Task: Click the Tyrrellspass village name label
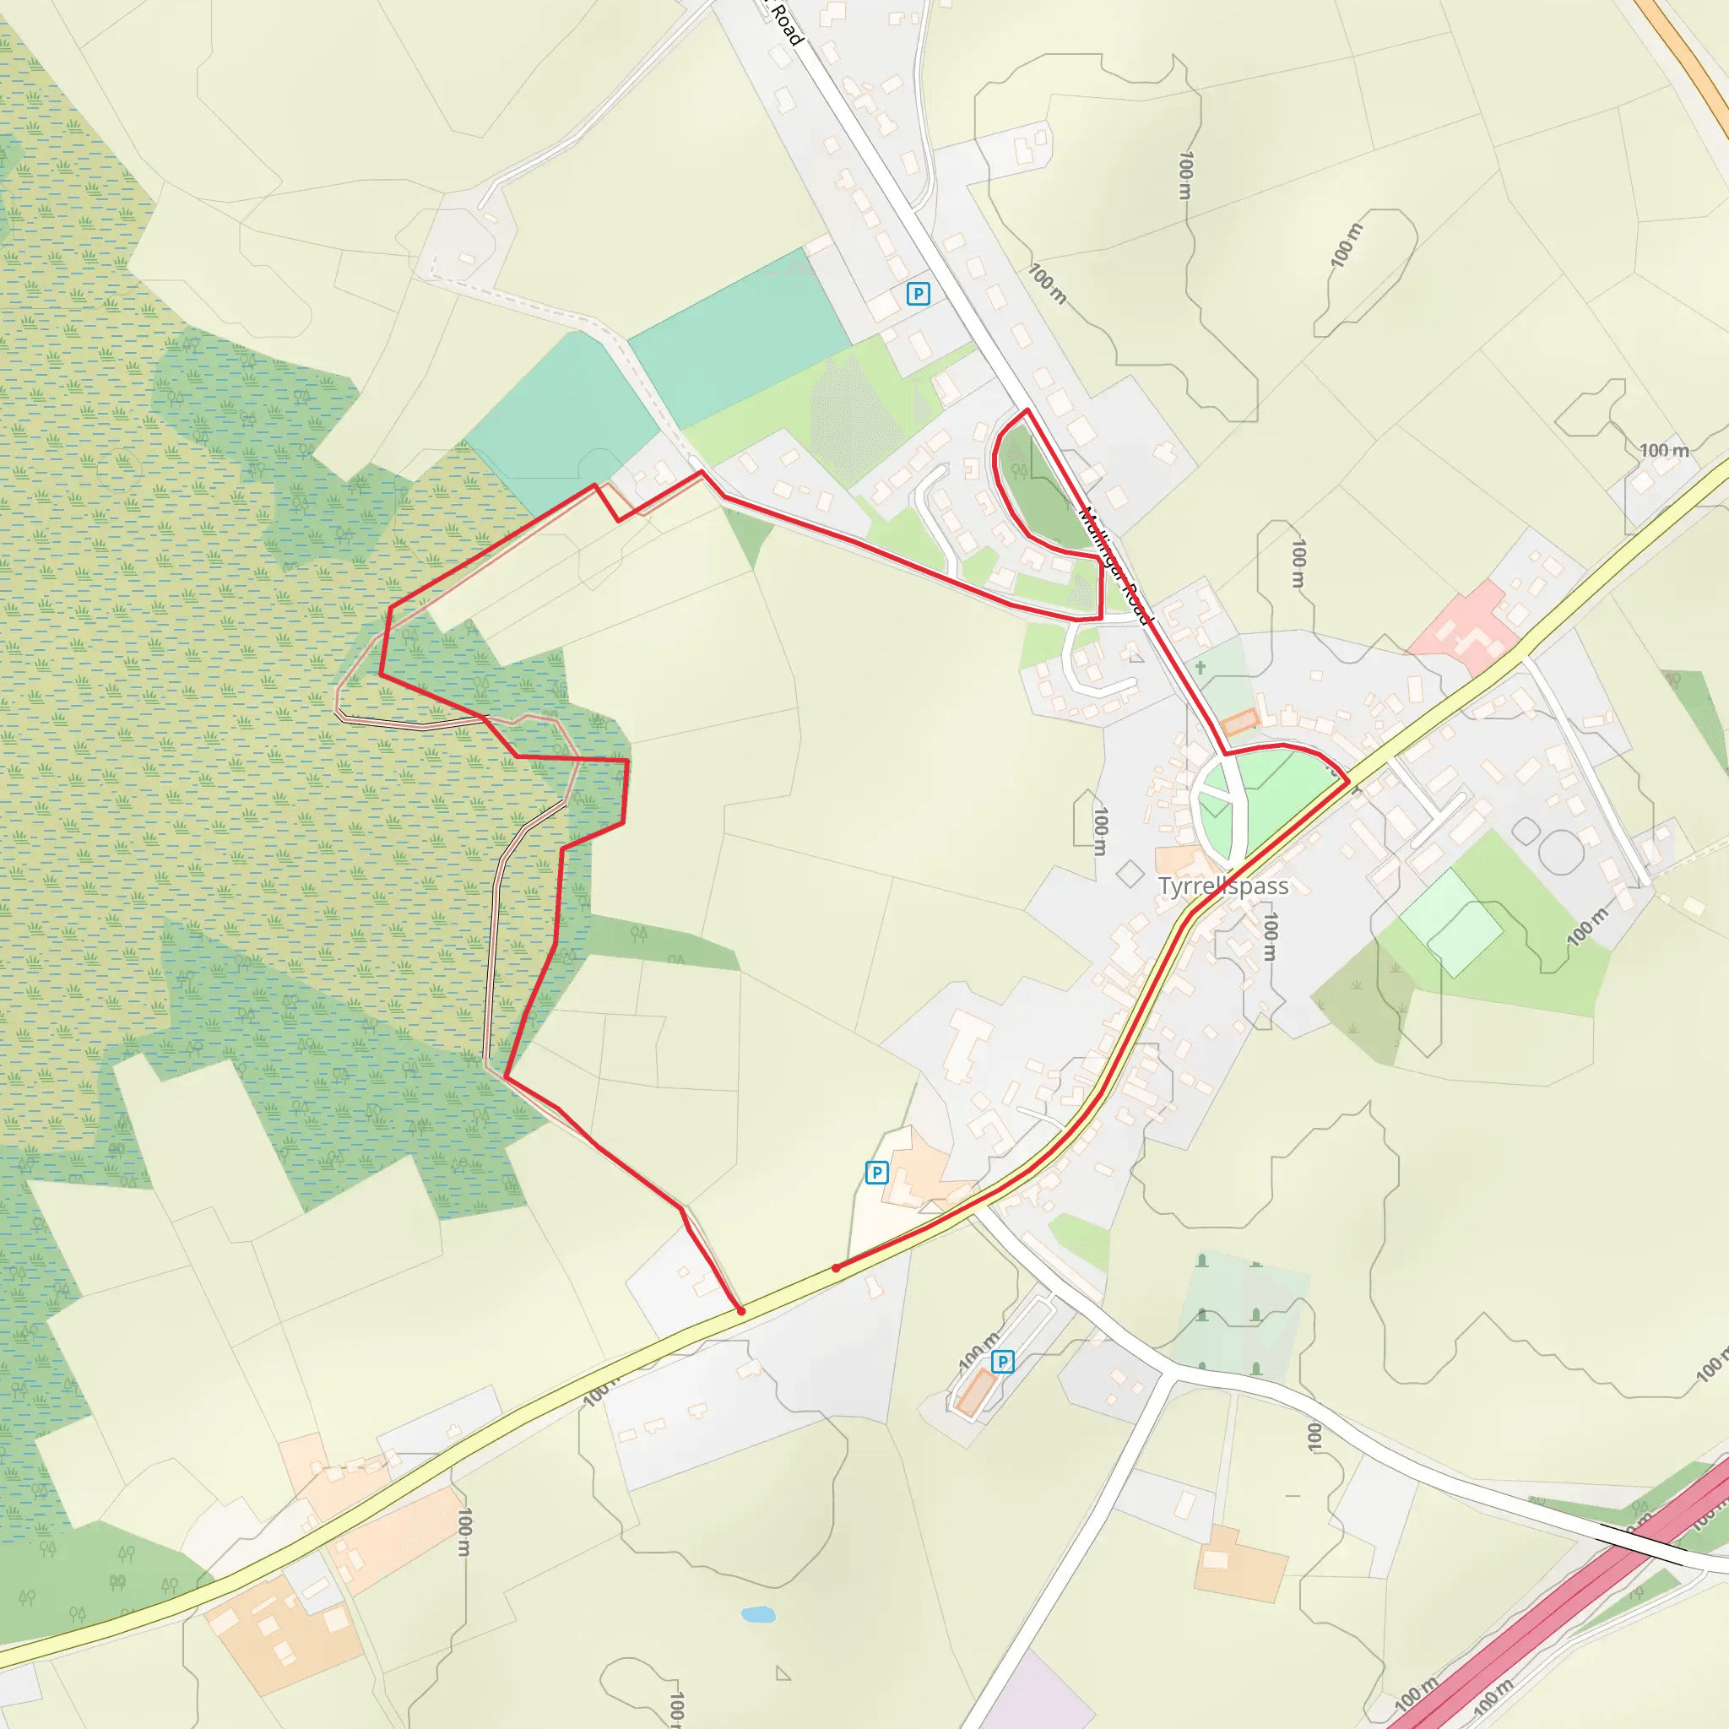(1222, 886)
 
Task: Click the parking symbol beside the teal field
(918, 293)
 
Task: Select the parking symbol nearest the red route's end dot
(876, 1172)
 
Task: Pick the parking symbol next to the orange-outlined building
(1002, 1361)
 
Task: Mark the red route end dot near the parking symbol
(836, 1268)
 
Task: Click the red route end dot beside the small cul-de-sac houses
(741, 1311)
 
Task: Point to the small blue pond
(758, 1614)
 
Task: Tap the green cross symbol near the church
(1201, 668)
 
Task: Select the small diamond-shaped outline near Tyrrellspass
(1130, 873)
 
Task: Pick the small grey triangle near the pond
(783, 1672)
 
